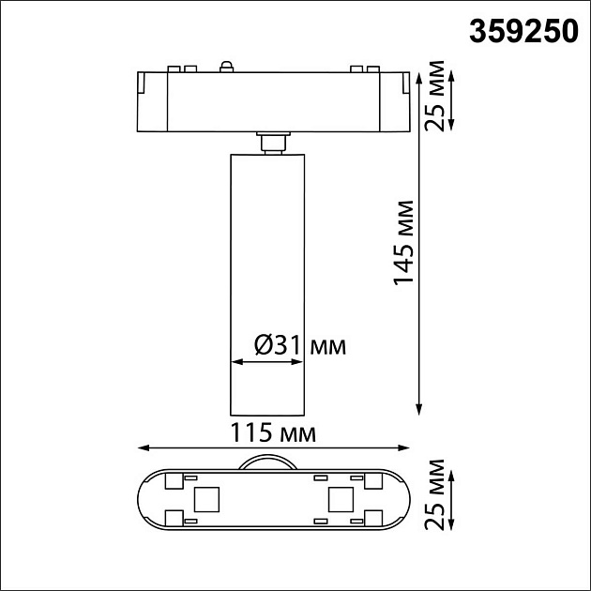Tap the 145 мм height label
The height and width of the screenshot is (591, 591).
pyautogui.click(x=403, y=242)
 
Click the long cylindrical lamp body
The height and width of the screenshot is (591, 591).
pyautogui.click(x=268, y=281)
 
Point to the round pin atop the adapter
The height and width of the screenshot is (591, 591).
pyautogui.click(x=226, y=66)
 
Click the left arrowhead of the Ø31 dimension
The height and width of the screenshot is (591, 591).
pyautogui.click(x=235, y=360)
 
